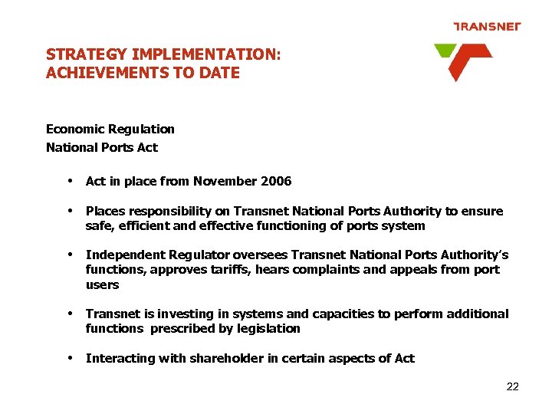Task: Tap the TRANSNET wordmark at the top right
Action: (x=487, y=27)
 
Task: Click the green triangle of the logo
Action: (x=444, y=51)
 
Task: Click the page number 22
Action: (x=513, y=386)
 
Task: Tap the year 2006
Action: (x=276, y=182)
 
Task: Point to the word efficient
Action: (x=140, y=226)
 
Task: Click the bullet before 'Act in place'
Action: (x=70, y=182)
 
